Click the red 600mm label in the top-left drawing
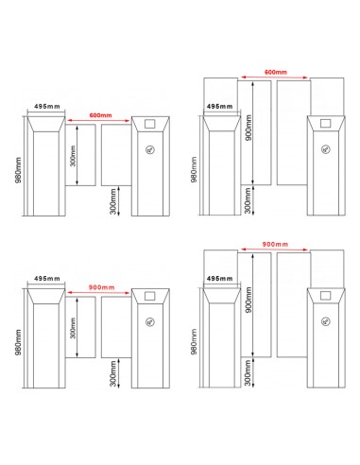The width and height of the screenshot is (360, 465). coord(100,115)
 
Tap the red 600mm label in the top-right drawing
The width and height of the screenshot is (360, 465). coord(276,72)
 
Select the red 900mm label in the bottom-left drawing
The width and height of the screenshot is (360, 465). coord(101,287)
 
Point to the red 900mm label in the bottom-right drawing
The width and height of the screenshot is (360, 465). coord(275,244)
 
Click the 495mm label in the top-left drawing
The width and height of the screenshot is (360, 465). coord(47,107)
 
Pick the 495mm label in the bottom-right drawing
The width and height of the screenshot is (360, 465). coord(219,279)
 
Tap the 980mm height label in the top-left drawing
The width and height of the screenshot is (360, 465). coord(18,170)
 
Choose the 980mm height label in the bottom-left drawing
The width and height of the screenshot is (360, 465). coord(18,342)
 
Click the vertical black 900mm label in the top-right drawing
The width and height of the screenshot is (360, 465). coord(249,128)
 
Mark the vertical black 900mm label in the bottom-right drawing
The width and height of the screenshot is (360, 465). coord(249,300)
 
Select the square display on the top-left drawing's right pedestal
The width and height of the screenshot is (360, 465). coord(150,124)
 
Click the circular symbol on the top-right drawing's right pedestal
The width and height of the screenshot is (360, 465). coord(326,149)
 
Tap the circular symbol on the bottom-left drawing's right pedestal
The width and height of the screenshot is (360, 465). coord(150,321)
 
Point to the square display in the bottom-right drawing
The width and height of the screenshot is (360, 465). coord(325,296)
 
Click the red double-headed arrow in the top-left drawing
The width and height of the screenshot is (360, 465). coord(98,121)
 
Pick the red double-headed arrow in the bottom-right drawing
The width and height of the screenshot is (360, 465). coord(274,250)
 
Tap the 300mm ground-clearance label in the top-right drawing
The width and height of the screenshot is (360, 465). coord(248,200)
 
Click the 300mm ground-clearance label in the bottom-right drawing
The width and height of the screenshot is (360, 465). coord(248,373)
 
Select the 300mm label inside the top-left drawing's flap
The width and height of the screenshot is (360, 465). coord(73,155)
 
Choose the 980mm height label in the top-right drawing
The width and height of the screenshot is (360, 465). coord(194,170)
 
